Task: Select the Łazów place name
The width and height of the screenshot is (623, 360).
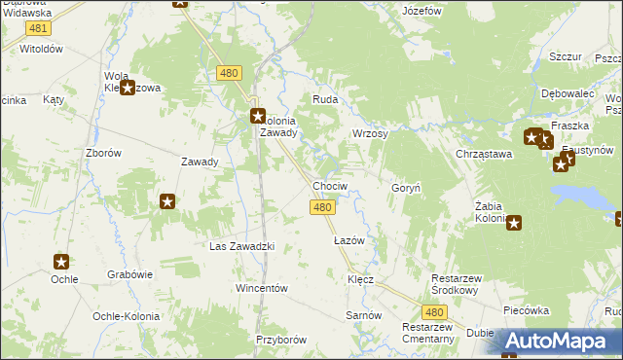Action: tap(348, 239)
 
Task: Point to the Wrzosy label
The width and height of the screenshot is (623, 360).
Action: tap(370, 133)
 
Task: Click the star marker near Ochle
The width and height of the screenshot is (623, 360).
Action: tap(61, 261)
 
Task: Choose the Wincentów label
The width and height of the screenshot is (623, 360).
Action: tap(262, 289)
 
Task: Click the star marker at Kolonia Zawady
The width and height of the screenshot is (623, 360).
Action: tap(257, 116)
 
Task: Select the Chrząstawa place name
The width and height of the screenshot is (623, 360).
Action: tap(484, 154)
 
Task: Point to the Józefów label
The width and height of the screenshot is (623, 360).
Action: tap(422, 12)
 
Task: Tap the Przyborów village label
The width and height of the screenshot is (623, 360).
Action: tap(281, 340)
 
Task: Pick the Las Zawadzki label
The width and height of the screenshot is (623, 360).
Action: tap(242, 246)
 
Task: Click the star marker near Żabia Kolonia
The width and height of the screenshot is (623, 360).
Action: tap(514, 223)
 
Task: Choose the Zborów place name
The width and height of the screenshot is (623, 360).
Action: tap(103, 153)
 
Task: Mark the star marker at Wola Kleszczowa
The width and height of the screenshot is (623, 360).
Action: tap(127, 88)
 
